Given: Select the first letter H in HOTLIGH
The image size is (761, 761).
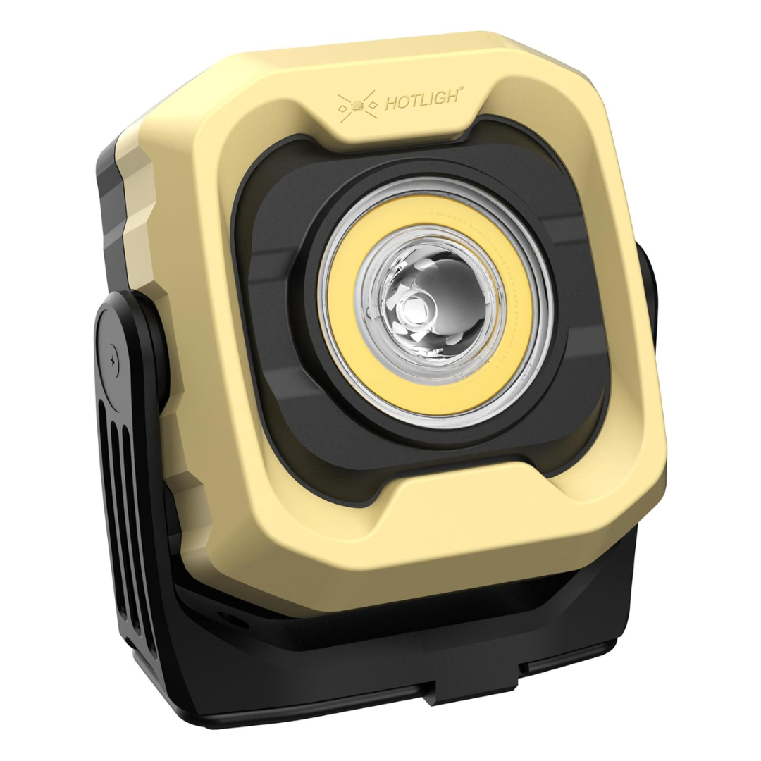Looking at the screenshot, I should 388,105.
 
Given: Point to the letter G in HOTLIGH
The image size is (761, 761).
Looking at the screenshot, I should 442,98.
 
